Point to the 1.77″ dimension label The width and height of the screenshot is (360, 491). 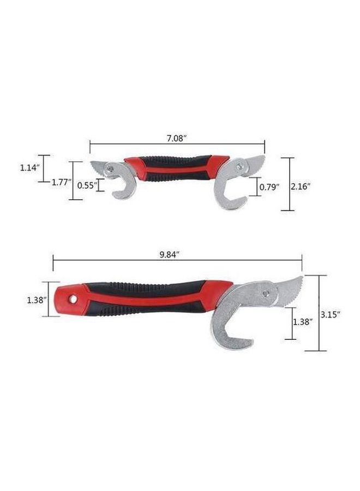point(62,183)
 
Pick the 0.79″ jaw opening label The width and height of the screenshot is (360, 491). point(269,187)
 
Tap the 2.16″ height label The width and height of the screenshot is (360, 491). point(301,187)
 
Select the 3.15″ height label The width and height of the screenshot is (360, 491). point(330,315)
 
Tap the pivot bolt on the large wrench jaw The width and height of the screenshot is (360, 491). point(267,294)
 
